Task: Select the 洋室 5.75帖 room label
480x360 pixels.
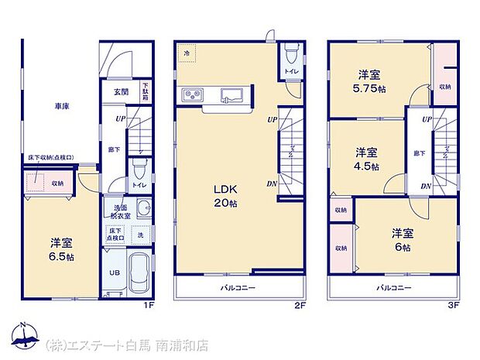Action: click(369, 81)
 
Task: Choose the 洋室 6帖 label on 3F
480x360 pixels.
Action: click(402, 239)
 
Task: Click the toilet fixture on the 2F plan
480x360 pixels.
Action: click(290, 54)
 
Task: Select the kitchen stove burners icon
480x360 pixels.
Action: click(192, 96)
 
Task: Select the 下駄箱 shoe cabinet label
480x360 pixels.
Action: click(145, 92)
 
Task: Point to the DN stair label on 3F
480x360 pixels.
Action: click(426, 187)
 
